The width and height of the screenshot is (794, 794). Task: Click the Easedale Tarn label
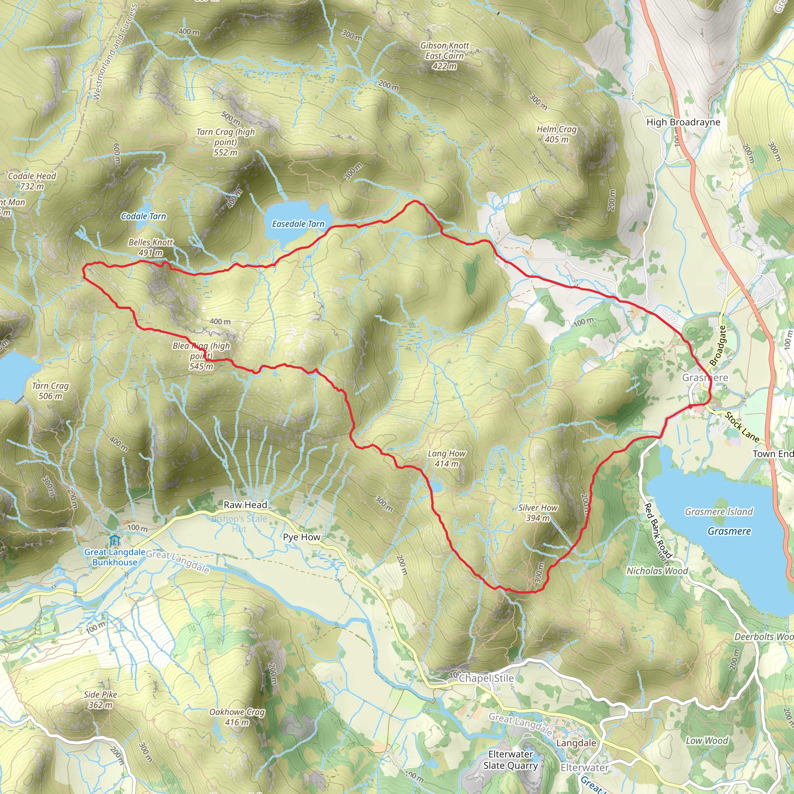point(298,224)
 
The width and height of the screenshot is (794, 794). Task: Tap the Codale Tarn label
point(143,216)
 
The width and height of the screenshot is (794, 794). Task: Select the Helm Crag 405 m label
point(557,135)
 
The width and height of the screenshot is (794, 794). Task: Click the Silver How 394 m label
point(538,513)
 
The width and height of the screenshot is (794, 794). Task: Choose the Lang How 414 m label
point(447,459)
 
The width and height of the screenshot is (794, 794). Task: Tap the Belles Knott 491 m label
point(151,247)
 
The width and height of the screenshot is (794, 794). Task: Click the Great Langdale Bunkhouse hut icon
point(115,540)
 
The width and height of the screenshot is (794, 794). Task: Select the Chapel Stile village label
point(486,678)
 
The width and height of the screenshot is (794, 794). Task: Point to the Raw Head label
point(245,505)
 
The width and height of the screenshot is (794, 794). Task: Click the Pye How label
point(302,537)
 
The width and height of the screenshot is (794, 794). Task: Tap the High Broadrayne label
point(684,122)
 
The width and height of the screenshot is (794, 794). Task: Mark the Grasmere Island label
point(719,512)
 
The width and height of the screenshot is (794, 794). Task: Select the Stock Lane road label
point(742,427)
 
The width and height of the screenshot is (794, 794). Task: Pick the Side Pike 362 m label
point(101,699)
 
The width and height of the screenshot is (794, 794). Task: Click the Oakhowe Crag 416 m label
point(237,717)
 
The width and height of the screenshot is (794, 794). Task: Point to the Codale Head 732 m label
point(32,181)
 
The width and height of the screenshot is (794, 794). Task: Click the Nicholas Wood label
point(657,571)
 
